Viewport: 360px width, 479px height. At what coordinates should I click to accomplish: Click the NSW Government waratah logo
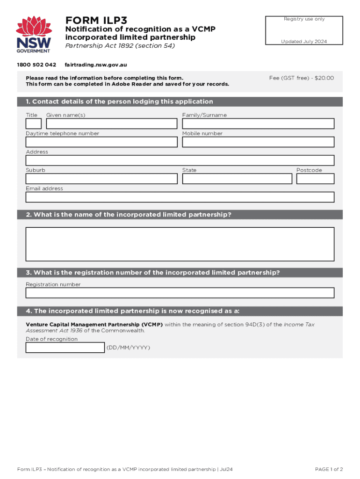(33, 34)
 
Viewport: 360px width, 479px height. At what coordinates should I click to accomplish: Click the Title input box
(34, 123)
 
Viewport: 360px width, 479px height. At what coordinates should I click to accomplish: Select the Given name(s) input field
(112, 123)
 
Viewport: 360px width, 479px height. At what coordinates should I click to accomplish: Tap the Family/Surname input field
(258, 123)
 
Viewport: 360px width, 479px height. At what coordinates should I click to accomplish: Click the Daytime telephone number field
(101, 142)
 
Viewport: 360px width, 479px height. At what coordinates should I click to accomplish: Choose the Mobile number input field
(258, 142)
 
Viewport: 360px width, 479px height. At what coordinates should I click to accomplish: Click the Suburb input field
(101, 179)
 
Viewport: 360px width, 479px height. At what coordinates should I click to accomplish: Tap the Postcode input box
(315, 179)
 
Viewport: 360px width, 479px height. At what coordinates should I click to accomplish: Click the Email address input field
(180, 197)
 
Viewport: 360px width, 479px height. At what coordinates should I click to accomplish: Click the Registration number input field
(180, 293)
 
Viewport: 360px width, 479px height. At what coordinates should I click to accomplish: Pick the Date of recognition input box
(65, 348)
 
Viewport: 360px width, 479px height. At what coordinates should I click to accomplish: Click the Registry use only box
(304, 30)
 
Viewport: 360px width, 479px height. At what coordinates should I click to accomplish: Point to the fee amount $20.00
(324, 78)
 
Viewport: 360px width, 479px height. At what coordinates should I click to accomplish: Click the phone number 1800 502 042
(36, 65)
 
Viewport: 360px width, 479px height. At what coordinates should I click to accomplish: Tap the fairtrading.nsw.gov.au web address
(96, 65)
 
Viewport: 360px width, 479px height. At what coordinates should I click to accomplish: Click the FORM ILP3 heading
(96, 20)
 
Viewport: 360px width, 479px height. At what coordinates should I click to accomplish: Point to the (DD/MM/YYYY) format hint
(129, 348)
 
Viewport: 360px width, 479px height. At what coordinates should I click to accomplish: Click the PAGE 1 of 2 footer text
(329, 469)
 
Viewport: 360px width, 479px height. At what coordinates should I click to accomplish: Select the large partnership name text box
(180, 244)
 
